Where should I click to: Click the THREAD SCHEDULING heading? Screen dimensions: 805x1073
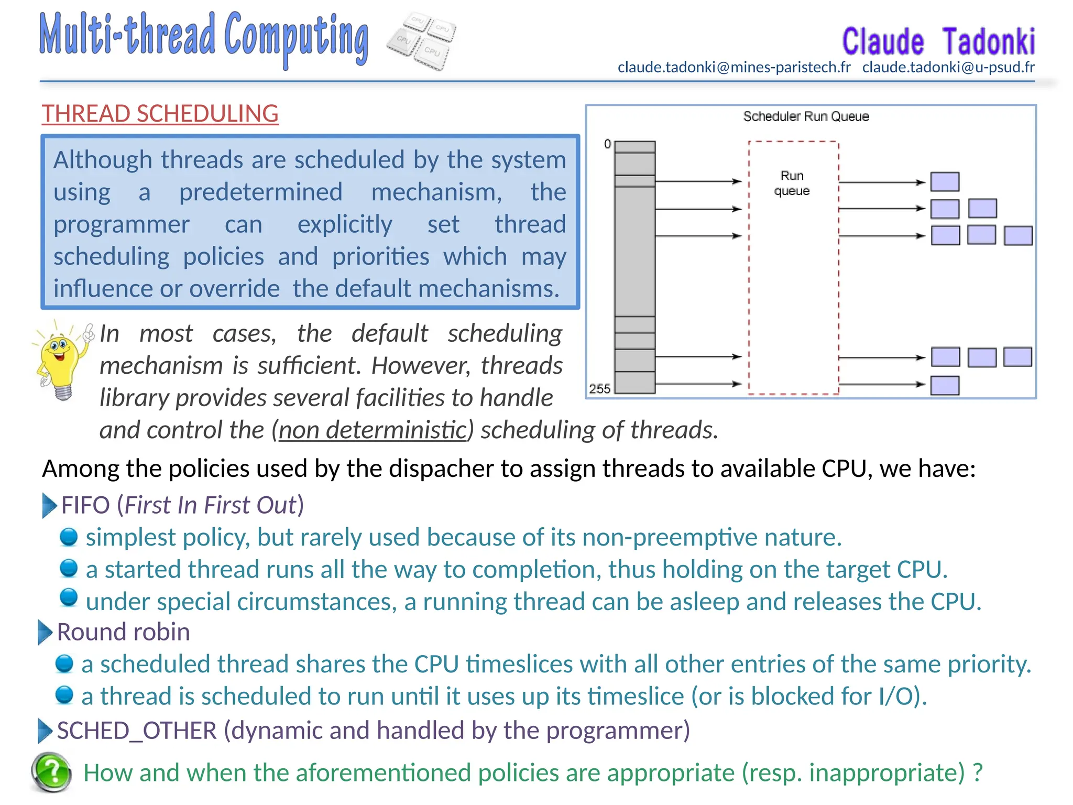coord(160,114)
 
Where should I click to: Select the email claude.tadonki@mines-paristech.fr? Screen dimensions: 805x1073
coord(733,67)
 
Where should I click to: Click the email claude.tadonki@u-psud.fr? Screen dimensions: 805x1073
coord(948,67)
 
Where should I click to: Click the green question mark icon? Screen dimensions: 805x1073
coord(51,772)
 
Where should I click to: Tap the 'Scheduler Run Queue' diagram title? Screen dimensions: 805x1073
coord(806,116)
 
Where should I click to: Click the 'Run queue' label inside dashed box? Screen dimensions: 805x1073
coord(792,183)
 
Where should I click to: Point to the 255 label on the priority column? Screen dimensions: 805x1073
coord(599,388)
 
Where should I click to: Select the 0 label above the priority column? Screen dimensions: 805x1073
coord(607,144)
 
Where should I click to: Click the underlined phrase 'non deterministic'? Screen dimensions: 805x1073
coord(372,430)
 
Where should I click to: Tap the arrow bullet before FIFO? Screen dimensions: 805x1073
coord(49,505)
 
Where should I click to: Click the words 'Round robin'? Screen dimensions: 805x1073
coord(123,632)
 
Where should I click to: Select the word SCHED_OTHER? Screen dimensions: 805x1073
coord(137,731)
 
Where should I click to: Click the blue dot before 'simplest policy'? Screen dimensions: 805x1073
coord(69,537)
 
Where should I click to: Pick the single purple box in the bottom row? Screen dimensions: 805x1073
coord(945,386)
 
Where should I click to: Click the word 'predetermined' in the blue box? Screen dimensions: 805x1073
coord(260,192)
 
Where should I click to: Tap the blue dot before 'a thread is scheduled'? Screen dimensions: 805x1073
coord(64,695)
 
